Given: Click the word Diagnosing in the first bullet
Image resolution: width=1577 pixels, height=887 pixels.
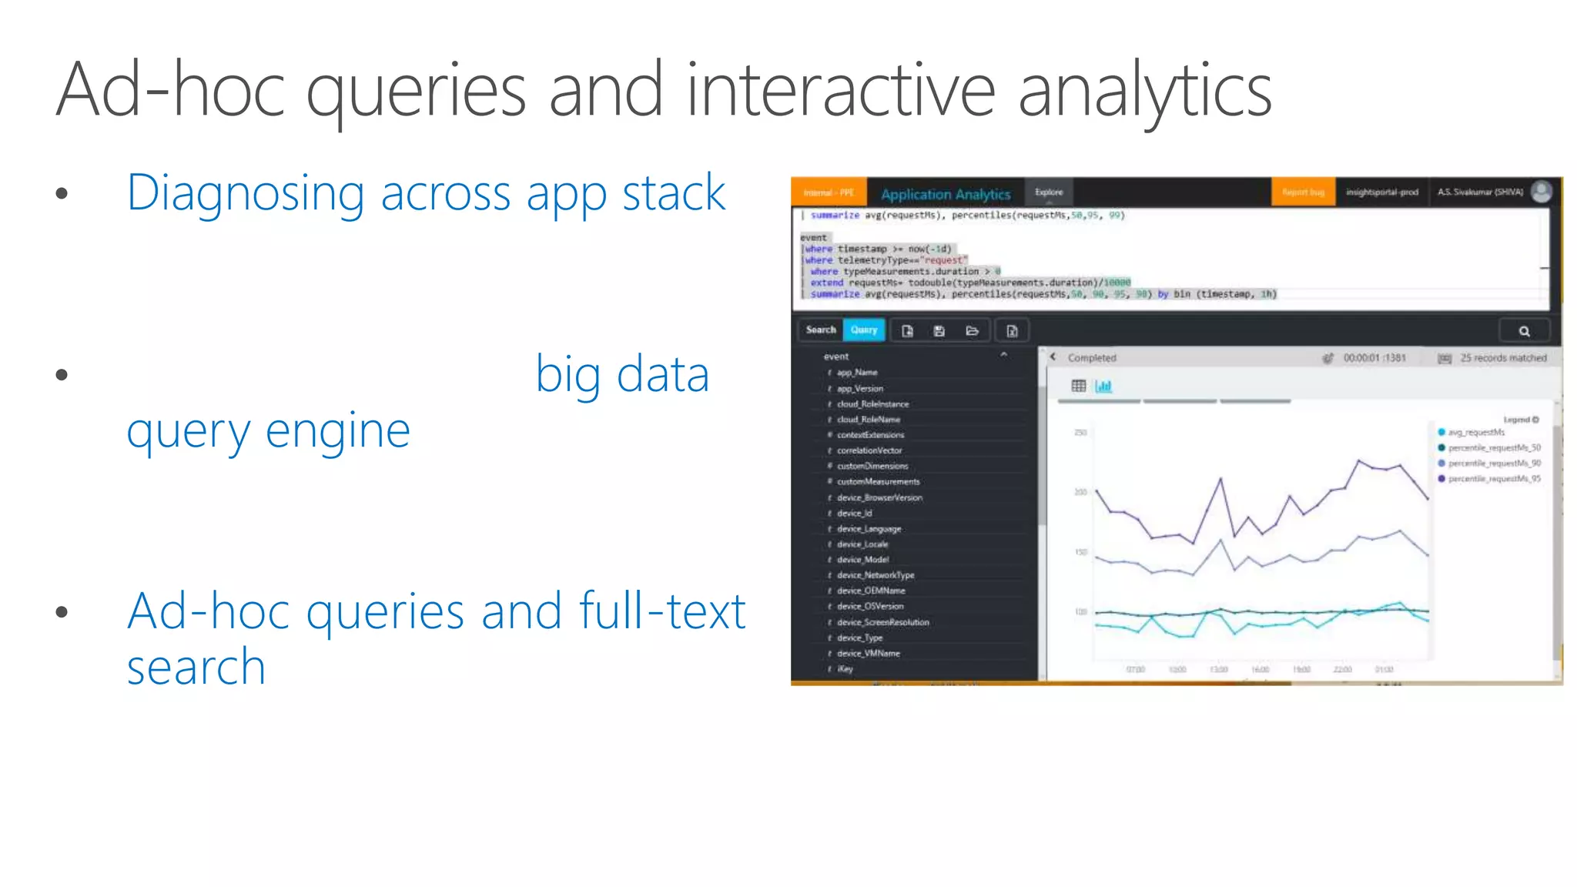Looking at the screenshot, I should (x=245, y=193).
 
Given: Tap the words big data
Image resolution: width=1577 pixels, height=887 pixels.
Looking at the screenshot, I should (x=621, y=375).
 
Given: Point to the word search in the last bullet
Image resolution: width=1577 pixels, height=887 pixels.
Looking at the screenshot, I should (x=196, y=667).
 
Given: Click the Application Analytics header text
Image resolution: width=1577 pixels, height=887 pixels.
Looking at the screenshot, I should (x=945, y=194).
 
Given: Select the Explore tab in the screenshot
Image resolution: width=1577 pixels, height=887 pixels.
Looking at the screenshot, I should (x=1049, y=192).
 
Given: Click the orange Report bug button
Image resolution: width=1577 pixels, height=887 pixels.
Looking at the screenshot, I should (x=1303, y=192).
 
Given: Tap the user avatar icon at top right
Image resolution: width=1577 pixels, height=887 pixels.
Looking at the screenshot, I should (x=1541, y=192).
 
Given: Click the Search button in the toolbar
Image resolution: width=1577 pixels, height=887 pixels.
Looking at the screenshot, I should (x=820, y=330).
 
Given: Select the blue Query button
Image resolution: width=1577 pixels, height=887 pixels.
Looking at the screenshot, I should (x=864, y=330).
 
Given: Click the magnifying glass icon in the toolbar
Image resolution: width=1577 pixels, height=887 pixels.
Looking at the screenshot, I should (x=1524, y=331).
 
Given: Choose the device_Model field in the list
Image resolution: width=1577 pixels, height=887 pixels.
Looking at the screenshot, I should (x=862, y=560).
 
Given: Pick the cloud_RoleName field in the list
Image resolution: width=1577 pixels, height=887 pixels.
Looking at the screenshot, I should (x=868, y=420).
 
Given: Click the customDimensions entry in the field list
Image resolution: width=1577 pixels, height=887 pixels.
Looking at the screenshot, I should (x=872, y=466).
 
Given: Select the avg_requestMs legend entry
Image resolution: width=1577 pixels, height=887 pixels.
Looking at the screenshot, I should (x=1475, y=432).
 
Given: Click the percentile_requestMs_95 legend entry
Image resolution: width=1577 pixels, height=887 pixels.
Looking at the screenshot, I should (x=1494, y=479).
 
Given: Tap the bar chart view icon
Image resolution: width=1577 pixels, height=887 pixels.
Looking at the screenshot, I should (x=1103, y=386).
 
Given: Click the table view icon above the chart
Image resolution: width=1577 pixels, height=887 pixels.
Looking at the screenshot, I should (x=1078, y=386).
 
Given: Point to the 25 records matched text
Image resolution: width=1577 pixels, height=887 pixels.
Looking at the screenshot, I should (x=1502, y=358).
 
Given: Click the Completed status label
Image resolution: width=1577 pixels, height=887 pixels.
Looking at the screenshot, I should (x=1091, y=358).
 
